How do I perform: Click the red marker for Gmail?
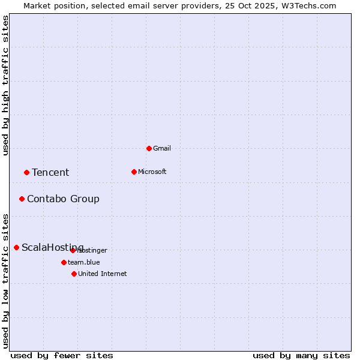[149, 148]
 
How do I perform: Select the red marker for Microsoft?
[134, 172]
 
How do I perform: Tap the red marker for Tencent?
[26, 172]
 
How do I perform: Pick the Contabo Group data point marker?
[22, 199]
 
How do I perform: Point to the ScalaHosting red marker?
[16, 247]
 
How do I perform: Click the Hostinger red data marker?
[73, 250]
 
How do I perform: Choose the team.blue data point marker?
[64, 262]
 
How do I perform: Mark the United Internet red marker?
[74, 274]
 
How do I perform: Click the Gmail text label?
[162, 148]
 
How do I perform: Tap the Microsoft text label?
[152, 172]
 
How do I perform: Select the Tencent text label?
[50, 172]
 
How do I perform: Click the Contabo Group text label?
[63, 199]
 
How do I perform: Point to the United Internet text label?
[103, 274]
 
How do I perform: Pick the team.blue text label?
[84, 262]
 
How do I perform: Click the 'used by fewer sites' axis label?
[62, 355]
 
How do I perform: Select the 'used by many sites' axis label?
[301, 355]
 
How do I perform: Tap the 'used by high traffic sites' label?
[6, 85]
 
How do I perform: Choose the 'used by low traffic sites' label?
[6, 280]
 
